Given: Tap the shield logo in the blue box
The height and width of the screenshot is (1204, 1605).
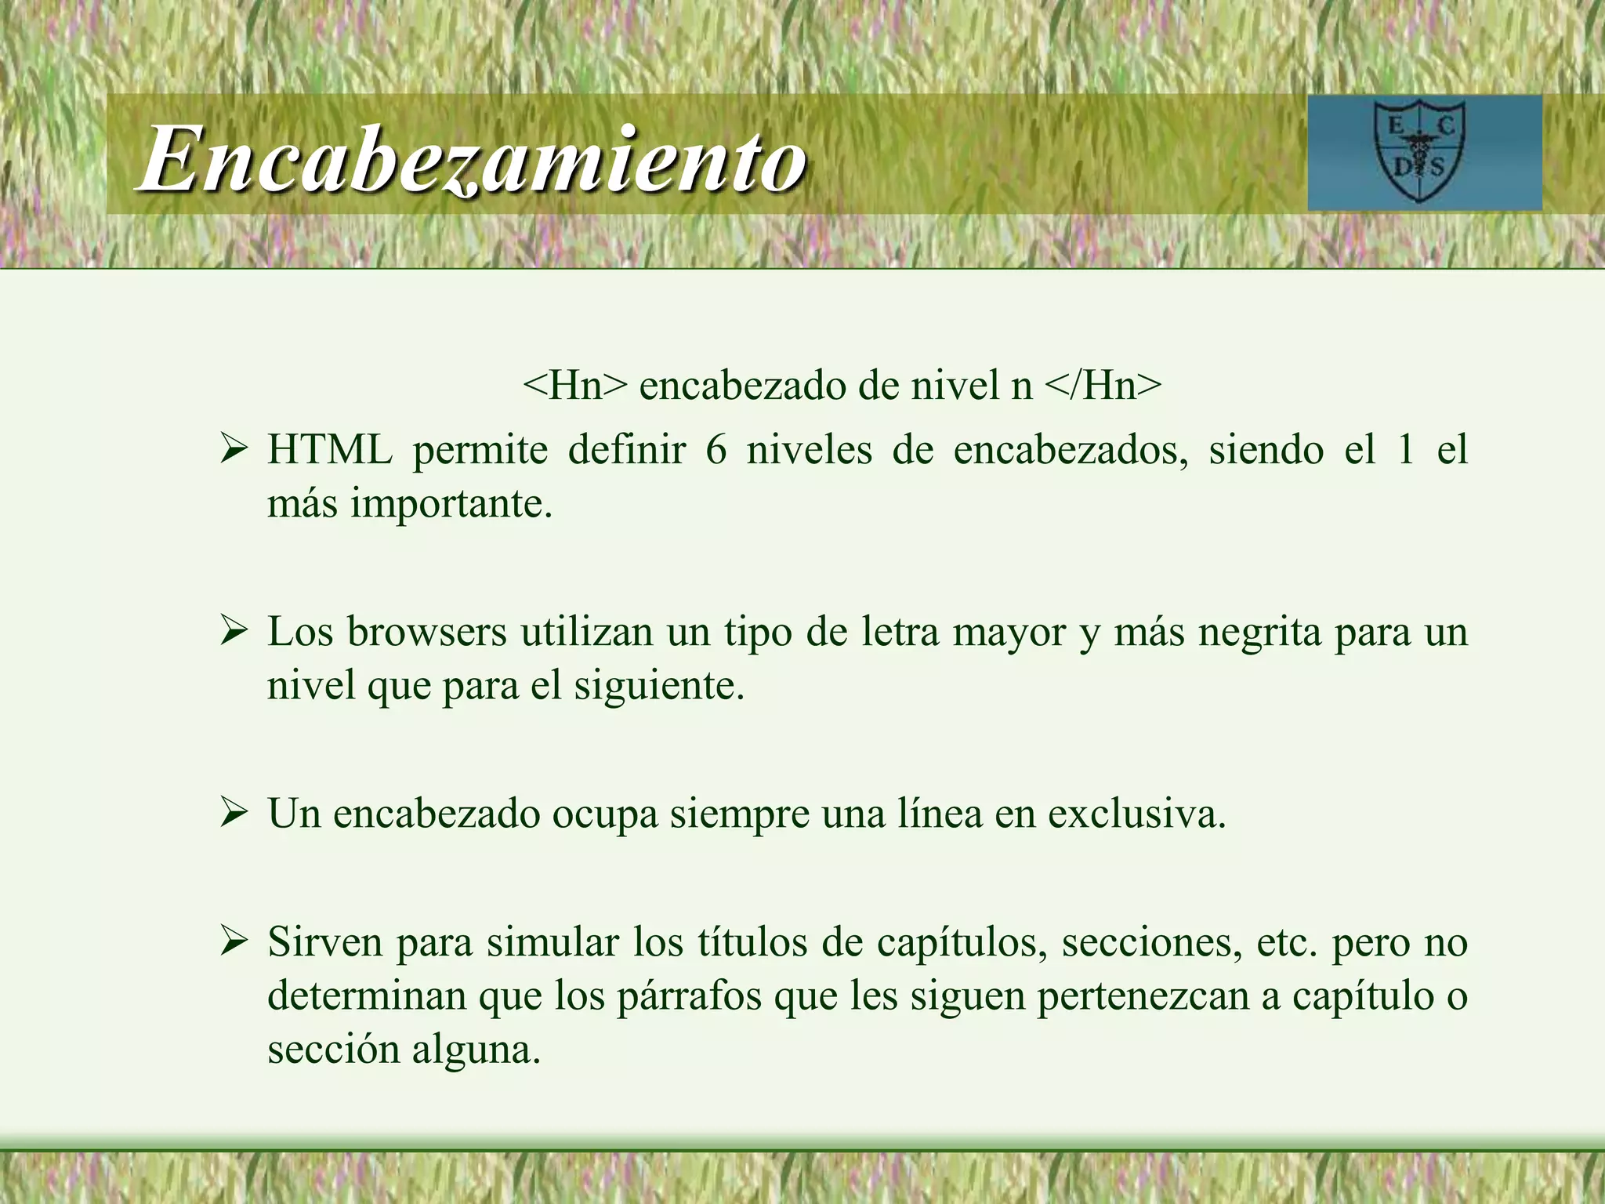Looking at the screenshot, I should (1419, 153).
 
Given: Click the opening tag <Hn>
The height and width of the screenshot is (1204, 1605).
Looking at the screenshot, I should (575, 386).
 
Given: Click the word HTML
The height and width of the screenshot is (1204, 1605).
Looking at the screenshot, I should (330, 451).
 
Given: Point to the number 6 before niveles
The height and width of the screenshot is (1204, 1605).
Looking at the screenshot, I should (716, 451).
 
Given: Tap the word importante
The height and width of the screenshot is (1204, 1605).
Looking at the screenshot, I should (451, 504).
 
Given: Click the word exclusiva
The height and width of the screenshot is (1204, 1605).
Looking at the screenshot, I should (1136, 814).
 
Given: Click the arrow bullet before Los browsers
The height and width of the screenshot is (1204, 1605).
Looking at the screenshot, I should (234, 632).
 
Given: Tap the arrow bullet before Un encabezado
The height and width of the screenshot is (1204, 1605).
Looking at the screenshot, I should (234, 814).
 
